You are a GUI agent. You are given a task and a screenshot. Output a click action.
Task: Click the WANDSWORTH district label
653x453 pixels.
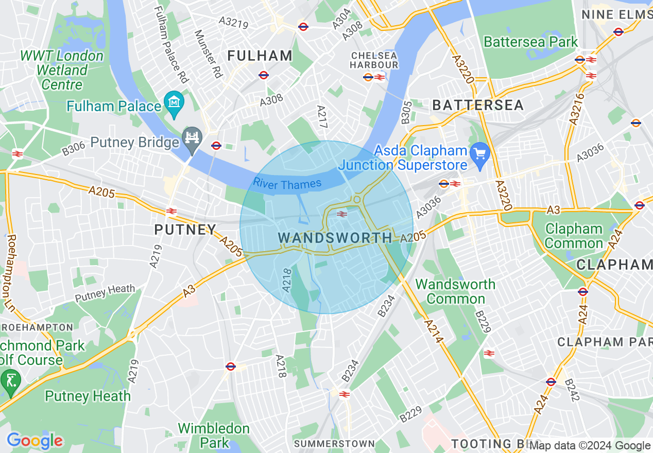tap(335, 238)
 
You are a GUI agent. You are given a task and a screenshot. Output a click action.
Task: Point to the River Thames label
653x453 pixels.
tap(287, 184)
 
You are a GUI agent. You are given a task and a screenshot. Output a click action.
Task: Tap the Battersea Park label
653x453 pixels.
tap(531, 42)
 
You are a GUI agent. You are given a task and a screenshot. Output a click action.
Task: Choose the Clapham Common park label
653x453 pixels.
tap(573, 236)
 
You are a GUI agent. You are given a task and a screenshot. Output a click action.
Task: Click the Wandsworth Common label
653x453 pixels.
tap(455, 291)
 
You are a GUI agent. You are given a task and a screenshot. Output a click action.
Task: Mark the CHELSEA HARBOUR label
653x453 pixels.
tap(374, 60)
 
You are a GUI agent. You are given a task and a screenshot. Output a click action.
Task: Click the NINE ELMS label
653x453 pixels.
tap(616, 15)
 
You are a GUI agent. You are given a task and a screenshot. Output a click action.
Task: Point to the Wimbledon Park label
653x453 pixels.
tap(213, 435)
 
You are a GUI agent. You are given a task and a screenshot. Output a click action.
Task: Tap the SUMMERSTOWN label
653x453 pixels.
tap(334, 444)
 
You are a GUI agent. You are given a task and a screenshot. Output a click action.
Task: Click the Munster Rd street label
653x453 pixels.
tap(208, 54)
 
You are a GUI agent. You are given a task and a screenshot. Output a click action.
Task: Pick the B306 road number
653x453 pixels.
tap(74, 149)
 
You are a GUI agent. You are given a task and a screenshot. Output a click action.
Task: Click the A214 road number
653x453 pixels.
tap(434, 329)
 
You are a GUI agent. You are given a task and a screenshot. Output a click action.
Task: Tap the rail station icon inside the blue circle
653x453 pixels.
tap(341, 214)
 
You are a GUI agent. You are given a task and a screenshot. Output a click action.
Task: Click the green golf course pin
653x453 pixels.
tap(11, 381)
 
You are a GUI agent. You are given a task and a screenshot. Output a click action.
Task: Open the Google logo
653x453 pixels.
tap(35, 441)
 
